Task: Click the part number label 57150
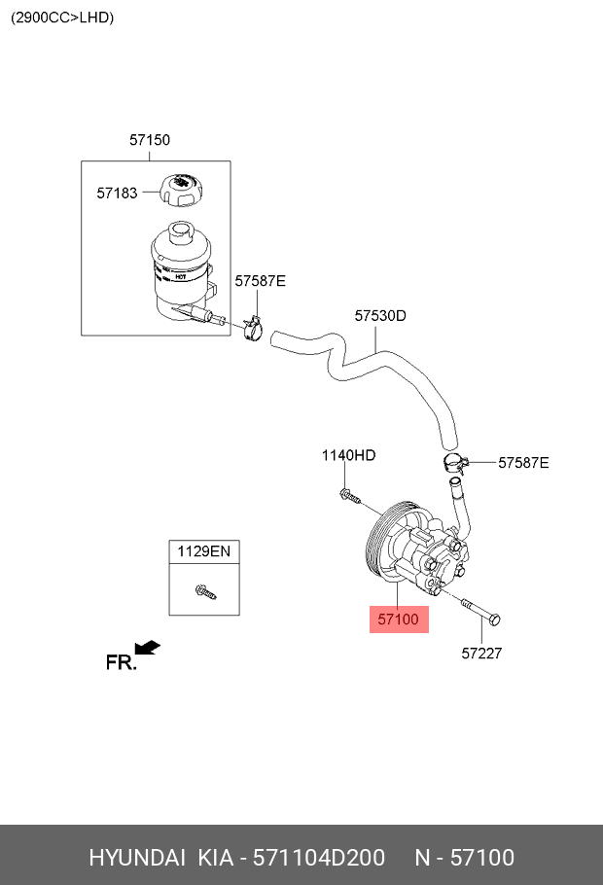pos(150,140)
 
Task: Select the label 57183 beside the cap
pos(117,194)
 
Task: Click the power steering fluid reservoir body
pos(180,267)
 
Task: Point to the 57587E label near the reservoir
pos(260,281)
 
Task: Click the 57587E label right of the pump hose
pos(523,463)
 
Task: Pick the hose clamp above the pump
pos(452,463)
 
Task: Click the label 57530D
pos(380,316)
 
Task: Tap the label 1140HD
pos(348,455)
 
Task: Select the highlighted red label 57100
pos(398,619)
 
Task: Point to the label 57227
pos(481,654)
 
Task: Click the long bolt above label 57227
pos(479,611)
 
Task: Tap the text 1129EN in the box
pos(203,551)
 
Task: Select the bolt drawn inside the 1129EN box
pos(205,589)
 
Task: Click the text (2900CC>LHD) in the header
pos(62,18)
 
